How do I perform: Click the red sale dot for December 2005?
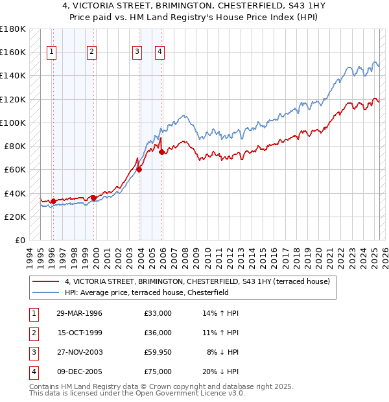(x=162, y=152)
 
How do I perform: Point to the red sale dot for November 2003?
(x=139, y=170)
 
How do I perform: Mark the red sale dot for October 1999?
(x=93, y=198)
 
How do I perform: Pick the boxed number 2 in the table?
(x=32, y=333)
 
